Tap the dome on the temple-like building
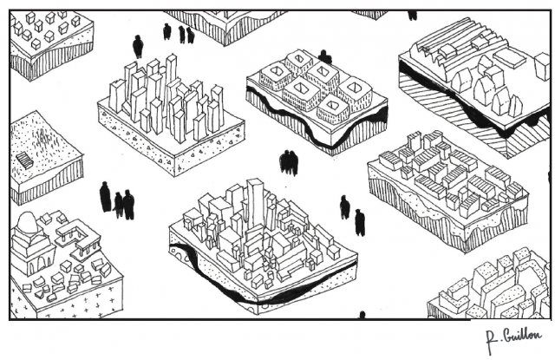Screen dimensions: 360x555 pos(26,224)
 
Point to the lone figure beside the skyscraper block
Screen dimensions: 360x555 pos(138,46)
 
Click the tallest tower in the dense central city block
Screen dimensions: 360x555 pos(255,201)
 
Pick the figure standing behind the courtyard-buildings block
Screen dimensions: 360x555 pos(324,56)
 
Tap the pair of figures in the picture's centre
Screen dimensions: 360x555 pos(289,161)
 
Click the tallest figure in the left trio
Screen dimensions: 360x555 pos(106,197)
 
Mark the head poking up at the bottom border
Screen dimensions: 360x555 pos(362,315)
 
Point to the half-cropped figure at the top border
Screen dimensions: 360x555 pos(412,15)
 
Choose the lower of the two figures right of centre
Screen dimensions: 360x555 pos(360,222)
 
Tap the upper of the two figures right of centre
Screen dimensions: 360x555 pos(344,206)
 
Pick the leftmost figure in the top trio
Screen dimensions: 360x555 pos(167,31)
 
